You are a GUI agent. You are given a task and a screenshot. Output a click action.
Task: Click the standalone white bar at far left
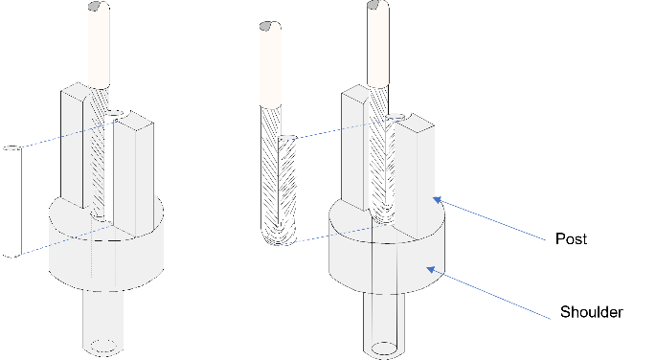pos(11,201)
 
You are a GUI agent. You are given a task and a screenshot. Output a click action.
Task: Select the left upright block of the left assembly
pos(76,144)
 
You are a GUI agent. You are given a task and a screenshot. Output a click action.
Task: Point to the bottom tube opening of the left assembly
pos(105,346)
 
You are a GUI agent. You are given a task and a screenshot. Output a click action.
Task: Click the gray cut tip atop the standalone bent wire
pos(269,25)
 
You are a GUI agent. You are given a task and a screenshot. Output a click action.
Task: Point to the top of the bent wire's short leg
pos(287,140)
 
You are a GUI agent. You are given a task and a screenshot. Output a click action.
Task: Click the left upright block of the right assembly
pos(353,144)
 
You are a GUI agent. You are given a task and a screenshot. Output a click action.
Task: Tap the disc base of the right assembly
pos(383,263)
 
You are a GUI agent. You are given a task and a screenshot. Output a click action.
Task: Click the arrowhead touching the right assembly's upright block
pos(437,200)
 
